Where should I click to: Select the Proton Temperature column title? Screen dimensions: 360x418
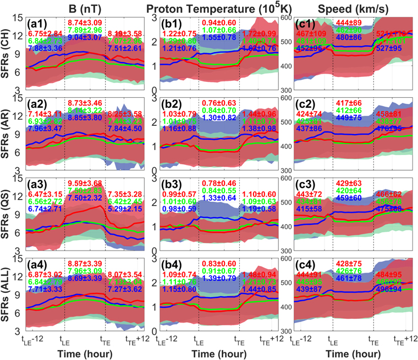pos(219,7)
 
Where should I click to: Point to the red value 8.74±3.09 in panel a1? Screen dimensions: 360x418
pos(85,22)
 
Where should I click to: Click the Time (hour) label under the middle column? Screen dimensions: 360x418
pos(219,353)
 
